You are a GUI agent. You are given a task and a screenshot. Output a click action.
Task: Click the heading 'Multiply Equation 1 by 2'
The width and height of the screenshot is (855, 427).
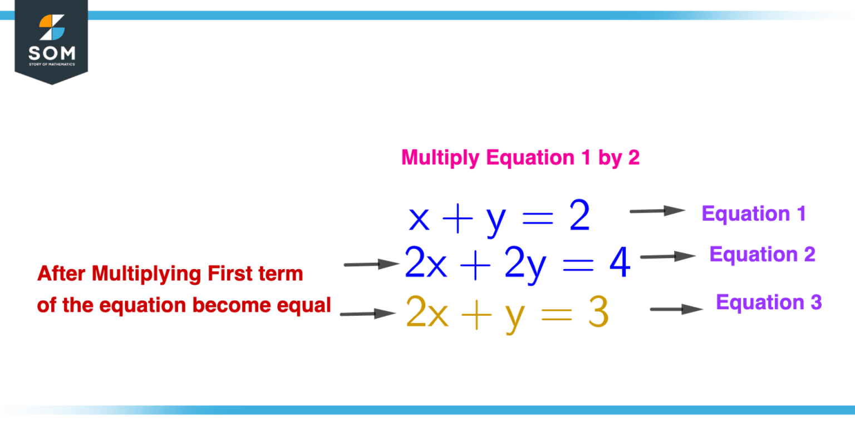pyautogui.click(x=520, y=158)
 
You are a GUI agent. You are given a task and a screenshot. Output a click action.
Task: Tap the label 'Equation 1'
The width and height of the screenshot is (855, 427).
pyautogui.click(x=754, y=213)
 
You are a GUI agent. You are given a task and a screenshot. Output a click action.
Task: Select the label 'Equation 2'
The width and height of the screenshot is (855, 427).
pyautogui.click(x=762, y=254)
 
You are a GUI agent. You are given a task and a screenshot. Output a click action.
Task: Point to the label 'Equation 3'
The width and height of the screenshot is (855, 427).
pyautogui.click(x=769, y=302)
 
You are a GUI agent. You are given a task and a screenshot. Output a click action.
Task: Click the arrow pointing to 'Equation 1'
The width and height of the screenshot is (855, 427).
pyautogui.click(x=657, y=211)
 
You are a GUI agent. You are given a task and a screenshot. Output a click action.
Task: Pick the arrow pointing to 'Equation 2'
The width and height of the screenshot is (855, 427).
pyautogui.click(x=667, y=256)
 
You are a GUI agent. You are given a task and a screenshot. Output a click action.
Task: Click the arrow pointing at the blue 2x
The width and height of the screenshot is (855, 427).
pyautogui.click(x=372, y=264)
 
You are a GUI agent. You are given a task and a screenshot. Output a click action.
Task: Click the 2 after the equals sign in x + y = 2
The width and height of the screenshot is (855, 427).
pyautogui.click(x=579, y=218)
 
